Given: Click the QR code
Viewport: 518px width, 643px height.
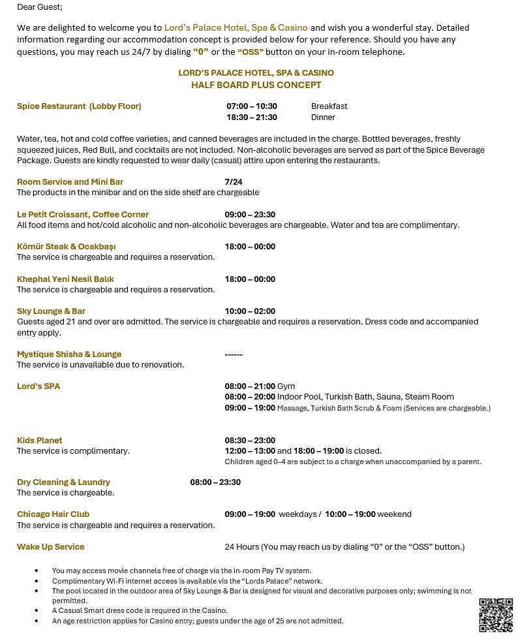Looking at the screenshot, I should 496,614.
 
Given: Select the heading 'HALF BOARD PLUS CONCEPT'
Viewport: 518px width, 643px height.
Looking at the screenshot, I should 256,85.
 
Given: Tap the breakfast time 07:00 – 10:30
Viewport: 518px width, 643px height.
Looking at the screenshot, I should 251,106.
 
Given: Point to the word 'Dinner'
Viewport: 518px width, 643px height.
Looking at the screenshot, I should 323,118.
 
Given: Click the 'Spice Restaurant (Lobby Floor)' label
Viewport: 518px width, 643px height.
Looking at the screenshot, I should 79,106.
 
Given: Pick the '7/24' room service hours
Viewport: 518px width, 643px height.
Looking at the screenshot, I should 234,181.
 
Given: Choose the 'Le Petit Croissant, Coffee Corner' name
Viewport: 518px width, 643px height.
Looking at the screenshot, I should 83,214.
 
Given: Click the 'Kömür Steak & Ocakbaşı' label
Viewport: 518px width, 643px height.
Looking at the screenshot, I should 67,246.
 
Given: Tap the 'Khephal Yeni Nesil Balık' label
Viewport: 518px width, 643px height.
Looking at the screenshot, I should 65,279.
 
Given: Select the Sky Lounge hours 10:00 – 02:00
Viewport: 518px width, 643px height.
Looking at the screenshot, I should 250,311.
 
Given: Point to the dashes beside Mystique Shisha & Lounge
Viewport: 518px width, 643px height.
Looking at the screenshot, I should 234,354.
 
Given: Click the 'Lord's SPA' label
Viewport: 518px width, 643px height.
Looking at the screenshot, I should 38,386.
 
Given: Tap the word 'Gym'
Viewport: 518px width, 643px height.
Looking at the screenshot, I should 286,386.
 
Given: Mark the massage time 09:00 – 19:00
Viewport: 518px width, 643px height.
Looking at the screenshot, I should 250,407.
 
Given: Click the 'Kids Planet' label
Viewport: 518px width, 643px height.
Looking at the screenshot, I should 40,440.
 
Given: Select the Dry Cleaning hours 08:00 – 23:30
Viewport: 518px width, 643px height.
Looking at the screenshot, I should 215,482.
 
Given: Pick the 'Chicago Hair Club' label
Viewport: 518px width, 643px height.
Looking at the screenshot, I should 53,514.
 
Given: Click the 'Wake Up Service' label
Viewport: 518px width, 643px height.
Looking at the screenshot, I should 51,546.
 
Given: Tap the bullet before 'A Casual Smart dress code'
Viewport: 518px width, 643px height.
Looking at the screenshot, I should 36,610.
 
